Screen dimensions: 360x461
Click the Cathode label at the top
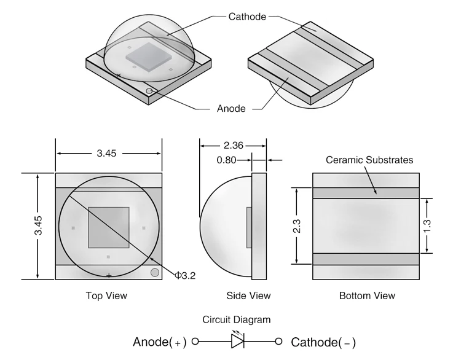click(247, 17)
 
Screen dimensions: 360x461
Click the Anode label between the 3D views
click(231, 109)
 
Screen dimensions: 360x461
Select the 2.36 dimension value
click(233, 146)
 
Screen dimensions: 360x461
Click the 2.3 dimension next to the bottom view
click(297, 225)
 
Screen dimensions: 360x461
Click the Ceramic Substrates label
click(369, 160)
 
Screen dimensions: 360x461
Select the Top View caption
click(106, 296)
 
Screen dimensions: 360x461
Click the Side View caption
click(248, 296)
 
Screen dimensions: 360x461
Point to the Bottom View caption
click(367, 296)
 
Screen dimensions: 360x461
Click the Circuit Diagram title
click(237, 320)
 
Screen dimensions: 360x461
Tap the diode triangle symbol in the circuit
click(238, 342)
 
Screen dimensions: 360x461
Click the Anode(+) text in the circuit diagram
click(160, 342)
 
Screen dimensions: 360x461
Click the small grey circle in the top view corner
click(155, 272)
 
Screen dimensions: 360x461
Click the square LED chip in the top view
click(109, 227)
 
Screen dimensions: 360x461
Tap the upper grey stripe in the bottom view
click(367, 193)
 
